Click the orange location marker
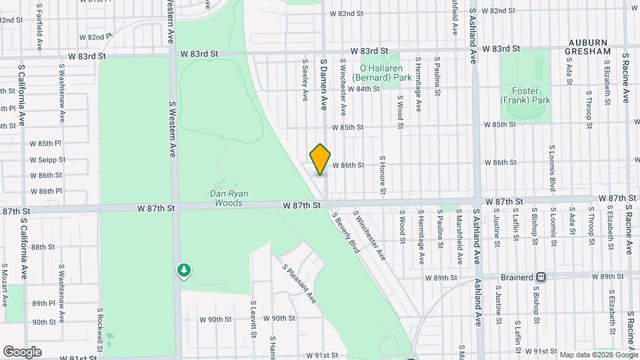[x=320, y=159]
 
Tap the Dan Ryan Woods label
[x=229, y=198]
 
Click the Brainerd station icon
[x=541, y=276]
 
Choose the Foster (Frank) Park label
[x=526, y=95]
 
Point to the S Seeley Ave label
[x=305, y=82]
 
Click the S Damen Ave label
[x=323, y=83]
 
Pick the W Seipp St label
[x=46, y=160]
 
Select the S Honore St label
[x=383, y=175]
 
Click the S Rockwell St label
[x=100, y=329]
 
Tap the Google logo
[x=22, y=351]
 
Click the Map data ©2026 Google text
[x=597, y=355]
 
